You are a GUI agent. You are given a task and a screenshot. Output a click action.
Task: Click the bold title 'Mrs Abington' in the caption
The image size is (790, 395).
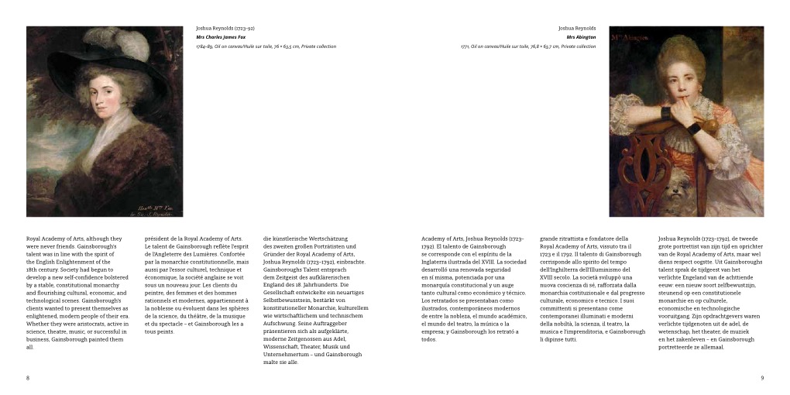[x=581, y=37]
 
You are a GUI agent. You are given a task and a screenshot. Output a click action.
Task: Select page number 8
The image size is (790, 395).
[x=28, y=378]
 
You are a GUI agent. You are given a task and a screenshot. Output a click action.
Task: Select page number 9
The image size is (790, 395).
[x=762, y=378]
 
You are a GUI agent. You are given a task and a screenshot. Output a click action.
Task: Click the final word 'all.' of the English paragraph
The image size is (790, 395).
[x=30, y=347]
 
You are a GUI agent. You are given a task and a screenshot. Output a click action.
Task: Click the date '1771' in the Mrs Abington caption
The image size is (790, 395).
[x=465, y=46]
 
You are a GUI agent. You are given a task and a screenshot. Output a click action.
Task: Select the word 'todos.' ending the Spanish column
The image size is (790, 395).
[x=430, y=339]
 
